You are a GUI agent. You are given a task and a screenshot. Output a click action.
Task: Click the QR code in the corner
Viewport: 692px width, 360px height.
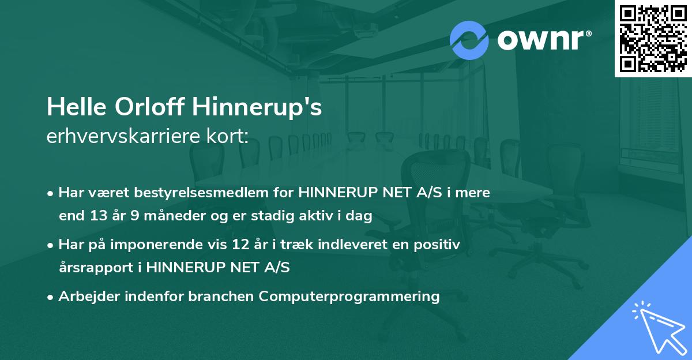point(653,39)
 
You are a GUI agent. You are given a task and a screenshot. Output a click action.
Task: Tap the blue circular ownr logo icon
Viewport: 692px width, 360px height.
point(469,40)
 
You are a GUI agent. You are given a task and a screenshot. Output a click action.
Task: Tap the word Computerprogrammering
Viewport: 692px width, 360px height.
point(349,297)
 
